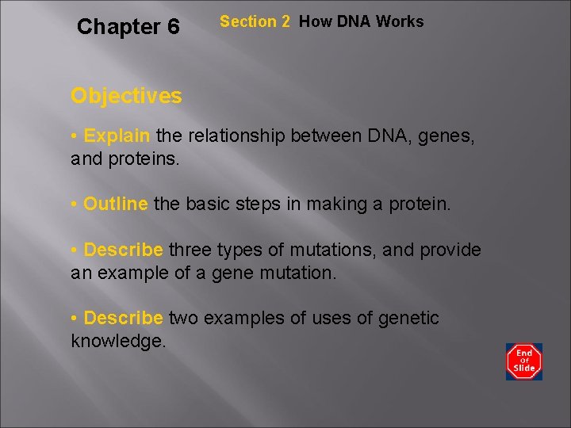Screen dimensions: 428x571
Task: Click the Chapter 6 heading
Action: (128, 27)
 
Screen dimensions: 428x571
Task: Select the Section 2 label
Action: (255, 22)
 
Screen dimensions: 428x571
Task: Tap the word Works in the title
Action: (400, 21)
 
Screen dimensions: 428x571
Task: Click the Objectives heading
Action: (126, 96)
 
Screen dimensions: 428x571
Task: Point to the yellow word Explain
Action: (117, 136)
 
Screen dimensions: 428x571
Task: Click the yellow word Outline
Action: (115, 204)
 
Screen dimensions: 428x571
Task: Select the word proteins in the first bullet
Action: (140, 159)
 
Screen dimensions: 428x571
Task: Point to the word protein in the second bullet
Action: (418, 204)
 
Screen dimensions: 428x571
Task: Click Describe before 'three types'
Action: (123, 250)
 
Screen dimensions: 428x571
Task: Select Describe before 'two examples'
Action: (123, 318)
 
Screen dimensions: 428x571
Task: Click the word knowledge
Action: (118, 341)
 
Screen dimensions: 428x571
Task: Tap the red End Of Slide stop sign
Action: (524, 361)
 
